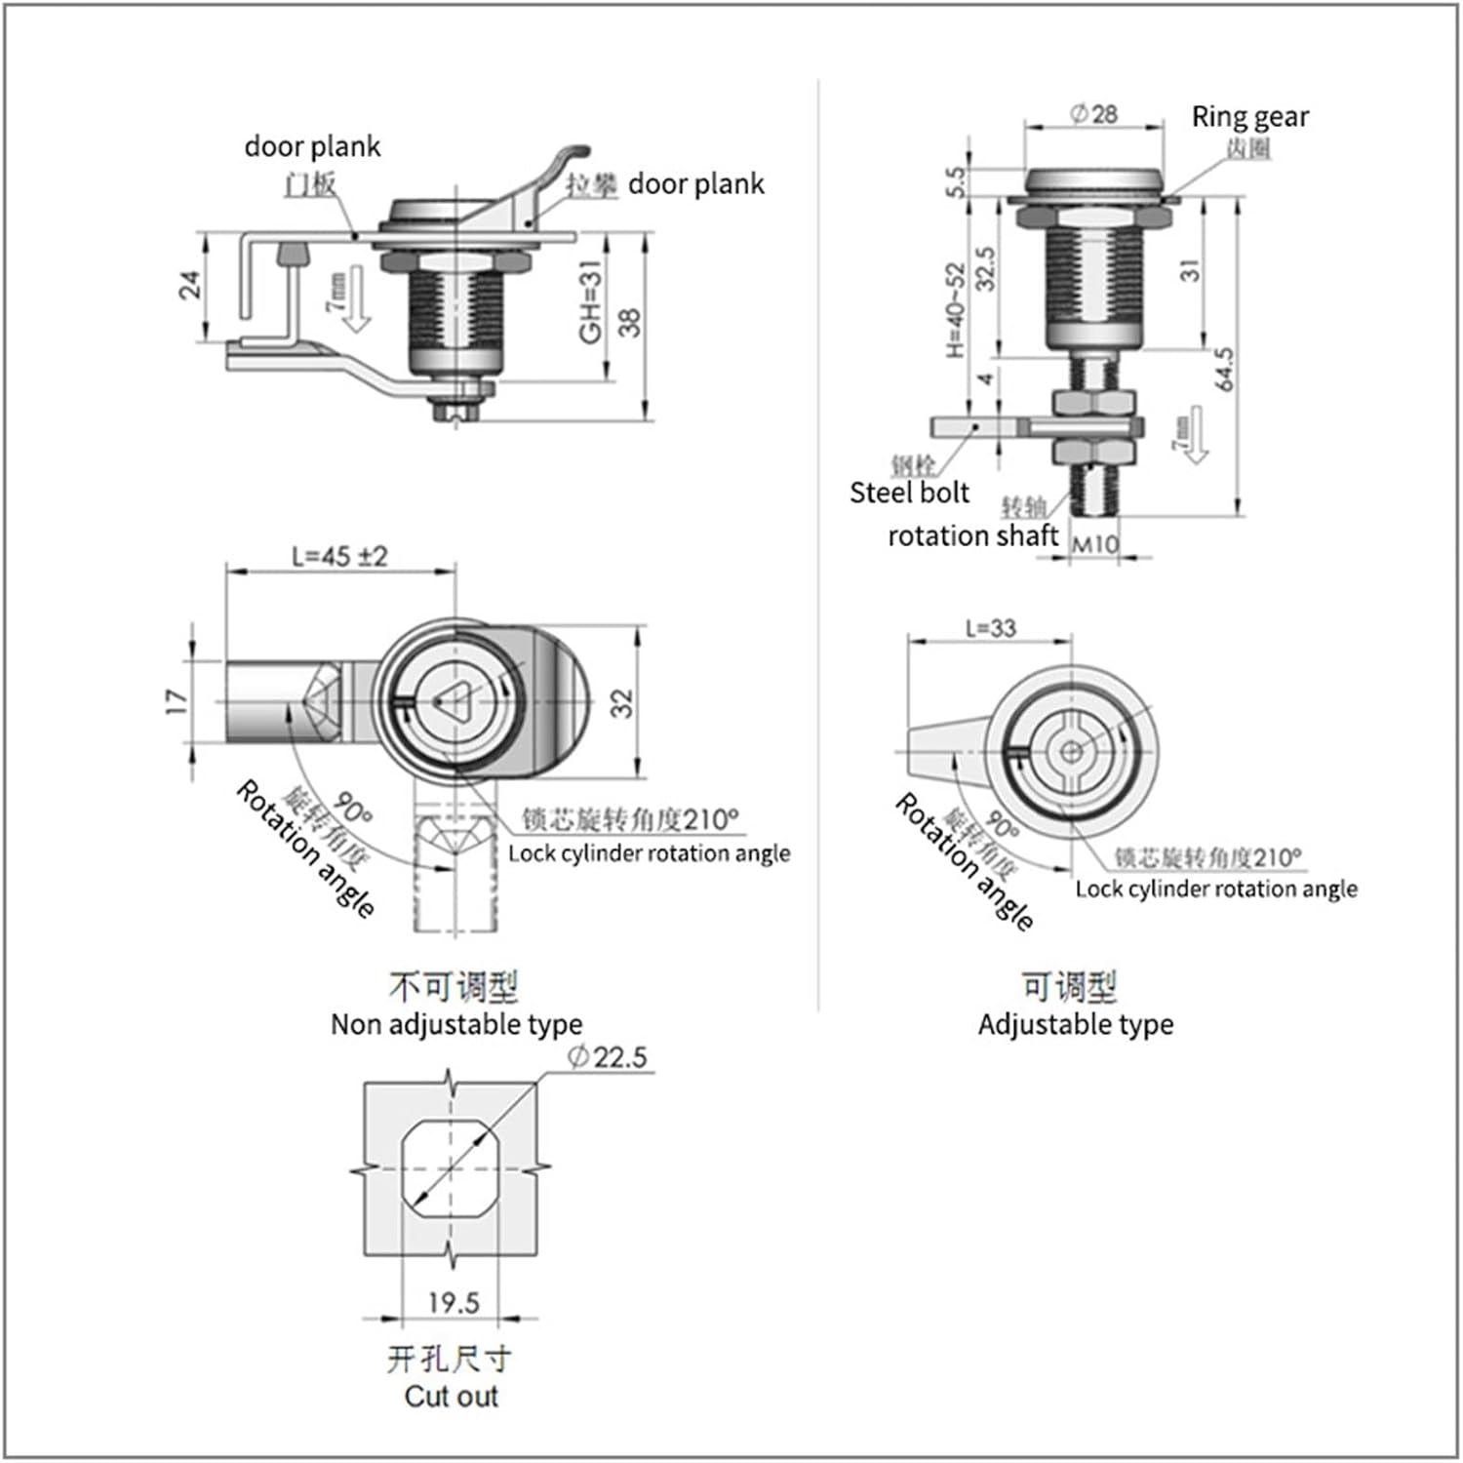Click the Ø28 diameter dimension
pyautogui.click(x=1093, y=114)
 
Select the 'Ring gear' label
pyautogui.click(x=1249, y=117)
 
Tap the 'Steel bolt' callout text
pyautogui.click(x=909, y=493)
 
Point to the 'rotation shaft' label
pyautogui.click(x=972, y=535)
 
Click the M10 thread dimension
pyautogui.click(x=1094, y=543)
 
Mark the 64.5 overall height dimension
pyautogui.click(x=1225, y=369)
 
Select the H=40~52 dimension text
pyautogui.click(x=955, y=310)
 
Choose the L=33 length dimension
pyautogui.click(x=990, y=628)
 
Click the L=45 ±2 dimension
pyautogui.click(x=339, y=556)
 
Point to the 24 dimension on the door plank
pyautogui.click(x=189, y=285)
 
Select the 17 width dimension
pyautogui.click(x=176, y=701)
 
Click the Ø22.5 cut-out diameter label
pyautogui.click(x=607, y=1057)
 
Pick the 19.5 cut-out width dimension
pyautogui.click(x=454, y=1303)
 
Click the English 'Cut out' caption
pyautogui.click(x=451, y=1396)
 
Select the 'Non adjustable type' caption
pyautogui.click(x=455, y=1024)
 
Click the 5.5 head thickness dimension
pyautogui.click(x=955, y=180)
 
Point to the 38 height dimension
pyautogui.click(x=630, y=322)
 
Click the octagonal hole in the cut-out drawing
pyautogui.click(x=451, y=1168)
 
